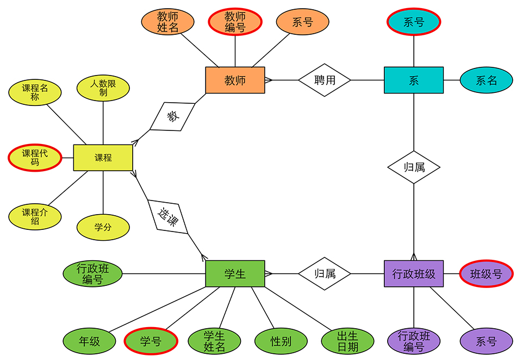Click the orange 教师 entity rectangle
(235, 80)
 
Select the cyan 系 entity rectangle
(414, 80)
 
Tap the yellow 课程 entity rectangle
(103, 158)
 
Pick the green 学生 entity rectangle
(235, 273)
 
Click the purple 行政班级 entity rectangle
(414, 273)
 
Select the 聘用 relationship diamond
(325, 80)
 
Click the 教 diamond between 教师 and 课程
(172, 116)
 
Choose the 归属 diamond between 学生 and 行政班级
(325, 273)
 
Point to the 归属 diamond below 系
(414, 167)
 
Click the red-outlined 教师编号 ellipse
(235, 22)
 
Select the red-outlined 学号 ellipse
(151, 341)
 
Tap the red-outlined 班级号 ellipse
(486, 273)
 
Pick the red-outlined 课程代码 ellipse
(35, 158)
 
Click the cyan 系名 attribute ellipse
(486, 80)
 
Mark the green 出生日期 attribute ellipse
(347, 341)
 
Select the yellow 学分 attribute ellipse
(103, 227)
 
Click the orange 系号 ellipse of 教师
(302, 22)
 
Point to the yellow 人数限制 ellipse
(103, 88)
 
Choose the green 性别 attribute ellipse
(281, 341)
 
